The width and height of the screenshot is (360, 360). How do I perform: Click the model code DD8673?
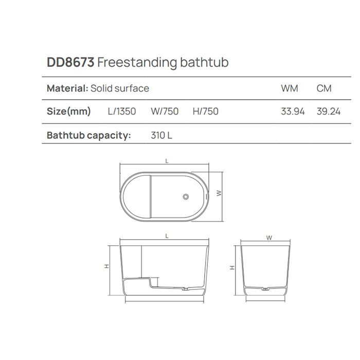pyautogui.click(x=70, y=63)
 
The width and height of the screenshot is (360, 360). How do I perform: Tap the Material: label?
pyautogui.click(x=67, y=88)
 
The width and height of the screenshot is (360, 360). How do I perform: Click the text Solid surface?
pyautogui.click(x=120, y=88)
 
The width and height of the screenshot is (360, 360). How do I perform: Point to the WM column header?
pyautogui.click(x=290, y=88)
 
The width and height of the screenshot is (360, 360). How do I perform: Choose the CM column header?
pyautogui.click(x=324, y=88)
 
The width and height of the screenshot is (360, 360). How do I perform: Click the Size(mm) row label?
pyautogui.click(x=69, y=111)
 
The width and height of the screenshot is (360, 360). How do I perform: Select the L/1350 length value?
pyautogui.click(x=122, y=111)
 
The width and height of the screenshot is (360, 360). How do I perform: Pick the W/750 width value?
pyautogui.click(x=165, y=111)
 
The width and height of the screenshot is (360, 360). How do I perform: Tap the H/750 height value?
pyautogui.click(x=205, y=111)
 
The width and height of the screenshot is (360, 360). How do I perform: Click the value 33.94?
pyautogui.click(x=293, y=111)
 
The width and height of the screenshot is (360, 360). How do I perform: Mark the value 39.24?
pyautogui.click(x=329, y=111)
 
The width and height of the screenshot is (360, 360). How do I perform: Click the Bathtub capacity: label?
pyautogui.click(x=89, y=136)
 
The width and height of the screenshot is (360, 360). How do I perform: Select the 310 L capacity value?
pyautogui.click(x=161, y=136)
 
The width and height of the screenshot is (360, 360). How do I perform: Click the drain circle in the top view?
pyautogui.click(x=187, y=196)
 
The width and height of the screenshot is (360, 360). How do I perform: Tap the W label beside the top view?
pyautogui.click(x=219, y=193)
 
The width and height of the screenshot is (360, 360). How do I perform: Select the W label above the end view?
pyautogui.click(x=269, y=238)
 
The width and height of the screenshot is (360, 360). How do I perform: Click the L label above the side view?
pyautogui.click(x=167, y=236)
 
